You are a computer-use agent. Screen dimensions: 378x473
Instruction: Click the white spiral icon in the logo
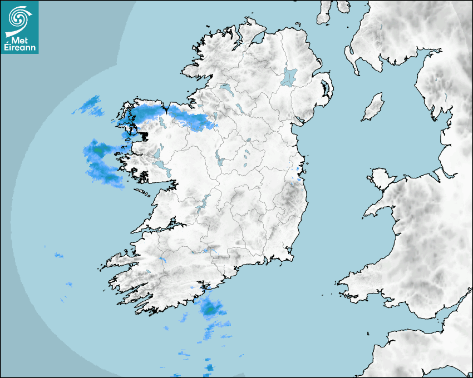[18, 17]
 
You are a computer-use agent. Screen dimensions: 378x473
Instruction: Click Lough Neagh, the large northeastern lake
[289, 76]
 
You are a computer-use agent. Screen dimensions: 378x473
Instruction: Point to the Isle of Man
[373, 107]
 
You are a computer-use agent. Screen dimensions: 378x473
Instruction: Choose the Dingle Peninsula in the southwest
[120, 261]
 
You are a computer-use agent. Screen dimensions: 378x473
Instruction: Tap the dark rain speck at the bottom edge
[209, 367]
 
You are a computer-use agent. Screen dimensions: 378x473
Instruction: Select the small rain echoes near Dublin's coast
[299, 170]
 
